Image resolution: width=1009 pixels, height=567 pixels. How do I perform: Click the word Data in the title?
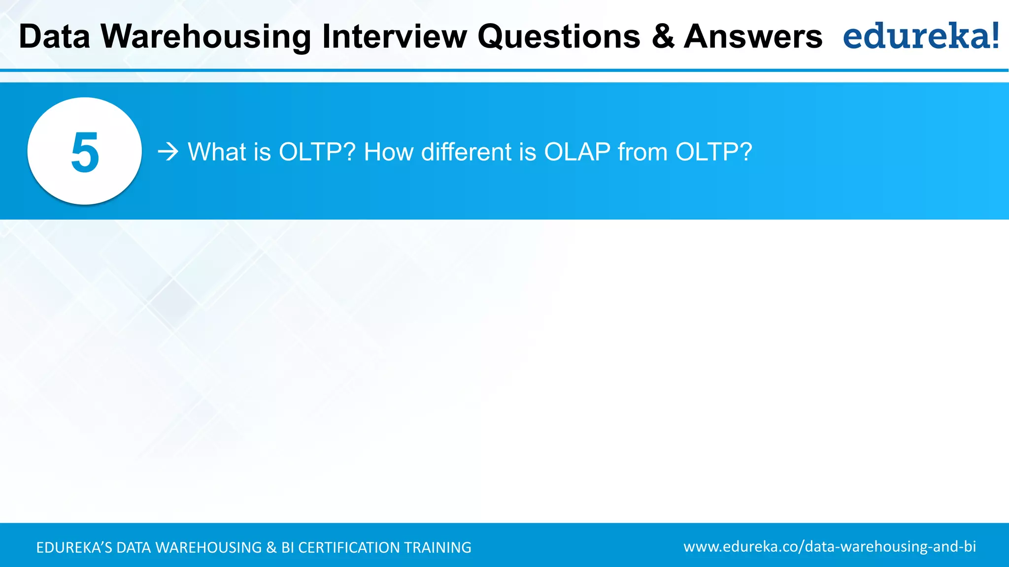(54, 37)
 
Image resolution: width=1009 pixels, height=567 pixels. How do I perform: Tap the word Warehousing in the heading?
(206, 37)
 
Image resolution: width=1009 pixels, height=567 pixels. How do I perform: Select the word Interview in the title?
(394, 37)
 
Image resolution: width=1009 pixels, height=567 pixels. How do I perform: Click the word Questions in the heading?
(559, 37)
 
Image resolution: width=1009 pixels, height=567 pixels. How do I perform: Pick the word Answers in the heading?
(753, 37)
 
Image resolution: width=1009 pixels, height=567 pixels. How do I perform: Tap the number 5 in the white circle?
(85, 152)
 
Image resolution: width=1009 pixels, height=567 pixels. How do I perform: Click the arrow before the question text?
(168, 152)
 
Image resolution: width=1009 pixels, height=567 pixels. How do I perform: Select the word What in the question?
(217, 152)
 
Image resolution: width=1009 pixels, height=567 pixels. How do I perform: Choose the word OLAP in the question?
(577, 152)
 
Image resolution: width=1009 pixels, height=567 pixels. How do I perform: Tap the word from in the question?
(642, 152)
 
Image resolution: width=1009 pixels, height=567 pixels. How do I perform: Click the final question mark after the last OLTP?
(746, 152)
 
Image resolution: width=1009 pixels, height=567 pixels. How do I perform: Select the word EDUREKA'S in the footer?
(74, 547)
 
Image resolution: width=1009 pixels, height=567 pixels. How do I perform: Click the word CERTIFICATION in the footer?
(349, 547)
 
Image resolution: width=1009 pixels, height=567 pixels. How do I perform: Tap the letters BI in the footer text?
(287, 547)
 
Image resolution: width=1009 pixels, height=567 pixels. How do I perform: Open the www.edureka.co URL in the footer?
(829, 547)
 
